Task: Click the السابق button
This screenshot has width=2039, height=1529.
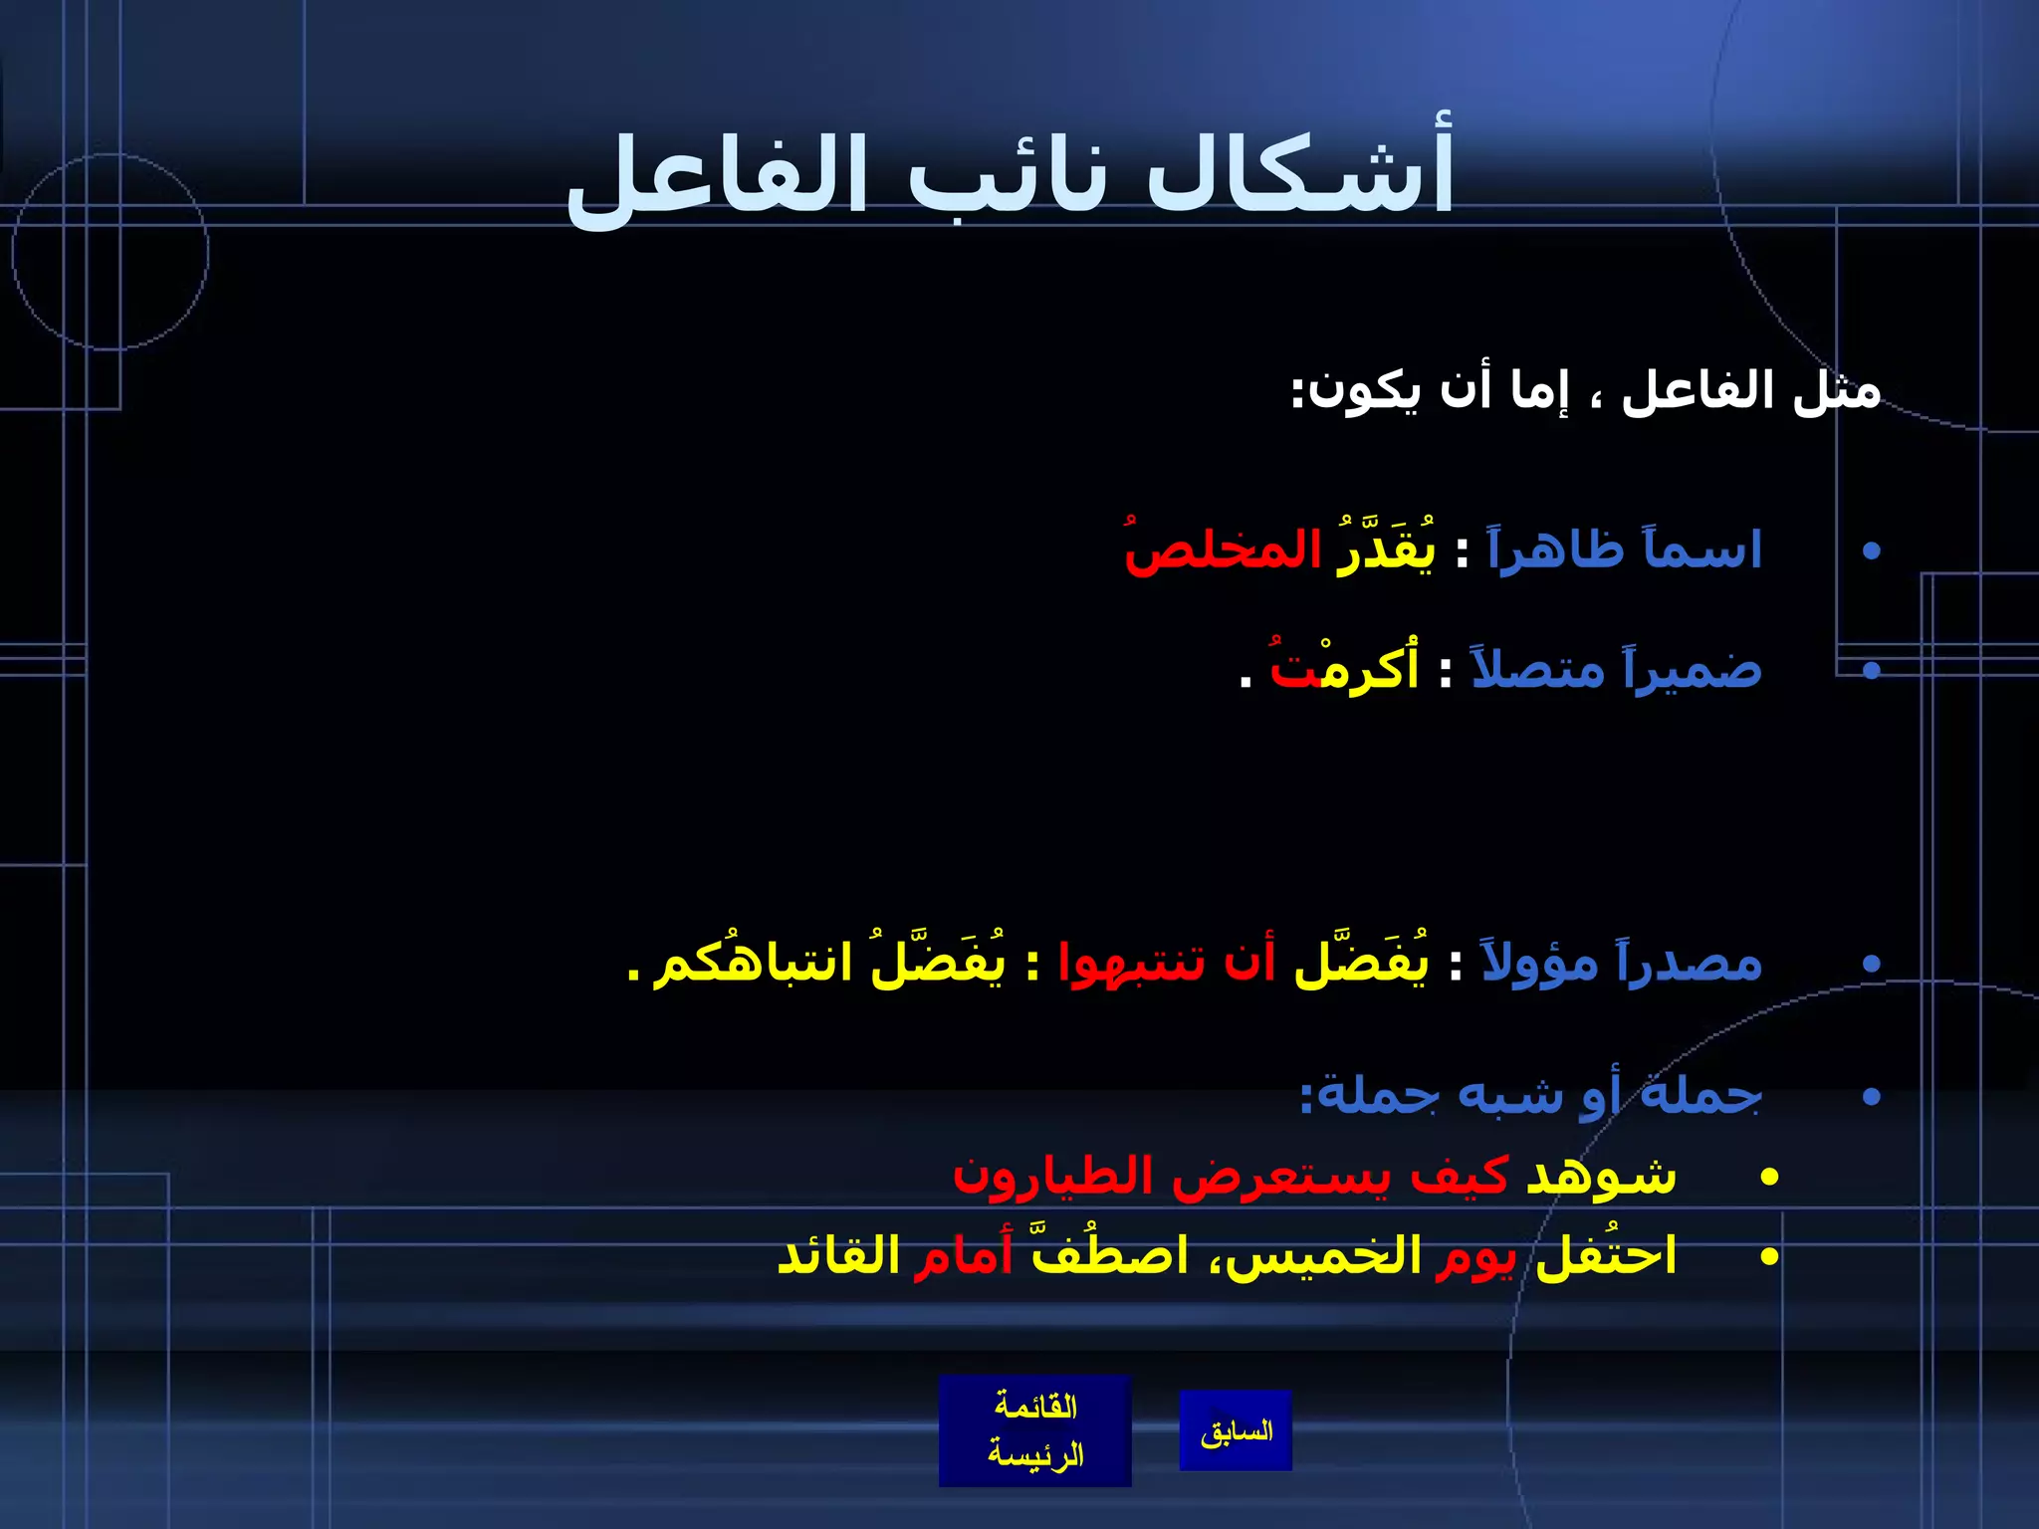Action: coord(1236,1431)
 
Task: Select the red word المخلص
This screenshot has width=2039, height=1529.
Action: coord(1223,550)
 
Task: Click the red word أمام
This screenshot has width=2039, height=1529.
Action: coord(964,1256)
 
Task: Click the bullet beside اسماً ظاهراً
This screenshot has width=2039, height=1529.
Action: coord(1872,550)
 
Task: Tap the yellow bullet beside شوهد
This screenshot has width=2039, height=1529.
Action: coord(1769,1178)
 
